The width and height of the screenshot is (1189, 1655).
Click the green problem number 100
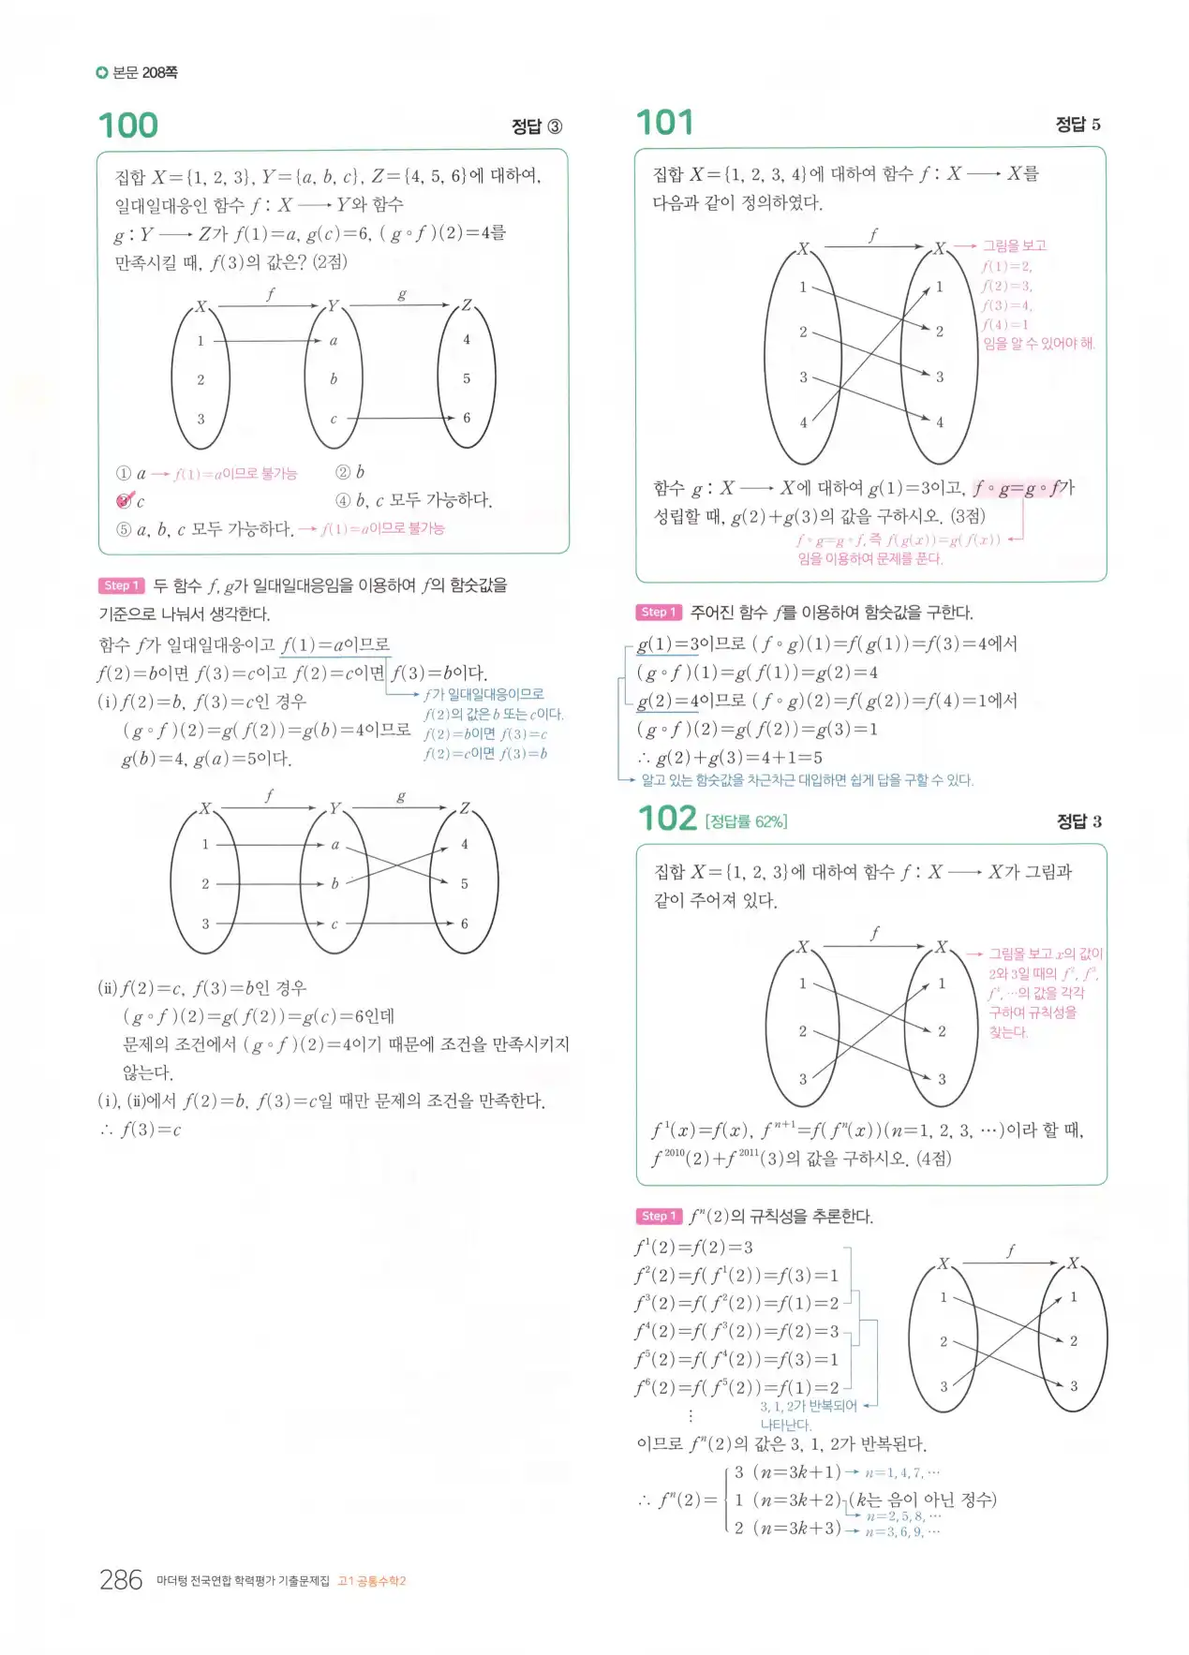pyautogui.click(x=128, y=126)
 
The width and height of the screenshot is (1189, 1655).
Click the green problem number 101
pyautogui.click(x=664, y=123)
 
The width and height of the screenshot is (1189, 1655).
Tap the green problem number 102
pyautogui.click(x=667, y=819)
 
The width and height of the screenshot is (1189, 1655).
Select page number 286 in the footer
pyautogui.click(x=121, y=1580)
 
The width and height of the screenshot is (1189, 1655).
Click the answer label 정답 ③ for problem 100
pyautogui.click(x=536, y=126)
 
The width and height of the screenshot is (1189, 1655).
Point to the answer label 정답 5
pyautogui.click(x=1078, y=124)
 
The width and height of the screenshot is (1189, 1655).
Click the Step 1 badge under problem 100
pyautogui.click(x=121, y=585)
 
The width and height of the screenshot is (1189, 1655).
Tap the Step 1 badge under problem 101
pyautogui.click(x=658, y=612)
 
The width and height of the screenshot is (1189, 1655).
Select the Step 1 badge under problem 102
pyautogui.click(x=658, y=1216)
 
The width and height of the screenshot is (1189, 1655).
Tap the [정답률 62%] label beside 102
pyautogui.click(x=746, y=821)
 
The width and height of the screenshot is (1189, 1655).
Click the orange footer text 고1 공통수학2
pyautogui.click(x=372, y=1581)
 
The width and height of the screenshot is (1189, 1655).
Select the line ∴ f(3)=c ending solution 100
pyautogui.click(x=141, y=1130)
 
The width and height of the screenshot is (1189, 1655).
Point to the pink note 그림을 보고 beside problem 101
pyautogui.click(x=1014, y=245)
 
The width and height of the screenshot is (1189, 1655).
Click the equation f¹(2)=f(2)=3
pyautogui.click(x=694, y=1248)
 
